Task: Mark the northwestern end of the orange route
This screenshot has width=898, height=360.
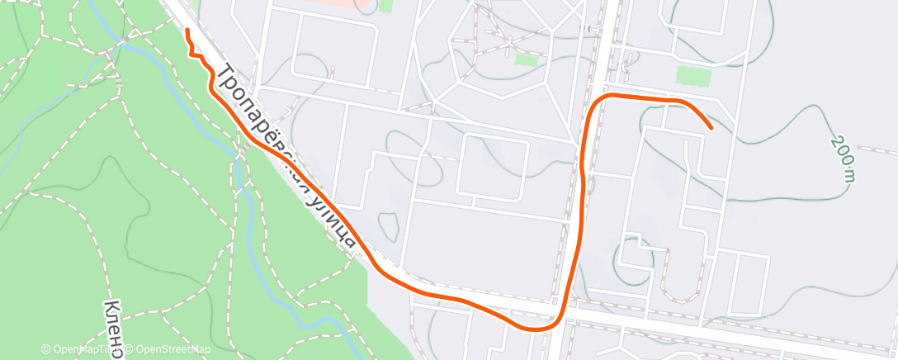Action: [x=187, y=31]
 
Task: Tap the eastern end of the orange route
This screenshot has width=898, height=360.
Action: [x=711, y=128]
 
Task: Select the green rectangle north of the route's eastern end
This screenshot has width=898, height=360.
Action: [x=693, y=76]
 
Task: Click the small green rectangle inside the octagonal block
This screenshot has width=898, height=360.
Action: [x=525, y=59]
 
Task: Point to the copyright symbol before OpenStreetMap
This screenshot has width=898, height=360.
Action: [x=130, y=349]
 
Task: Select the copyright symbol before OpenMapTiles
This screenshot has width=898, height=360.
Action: [x=47, y=349]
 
